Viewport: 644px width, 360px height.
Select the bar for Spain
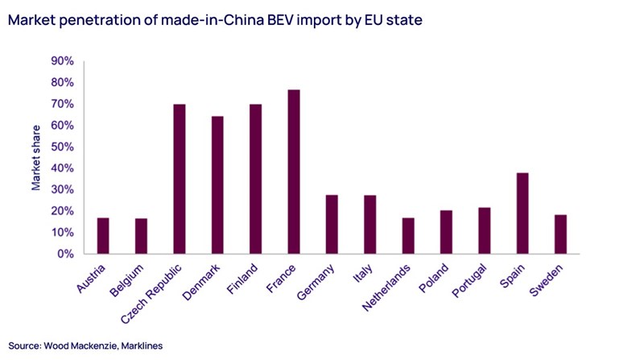[522, 213]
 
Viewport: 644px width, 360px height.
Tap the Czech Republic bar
[180, 179]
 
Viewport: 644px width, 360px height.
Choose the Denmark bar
[217, 185]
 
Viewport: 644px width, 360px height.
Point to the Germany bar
[332, 224]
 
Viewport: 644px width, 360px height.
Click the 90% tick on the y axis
[62, 61]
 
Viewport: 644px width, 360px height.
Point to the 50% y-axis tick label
[62, 147]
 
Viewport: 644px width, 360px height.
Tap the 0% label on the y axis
[65, 254]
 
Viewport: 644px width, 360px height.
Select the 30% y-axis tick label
[62, 190]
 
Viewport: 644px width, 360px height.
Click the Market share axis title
[36, 158]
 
